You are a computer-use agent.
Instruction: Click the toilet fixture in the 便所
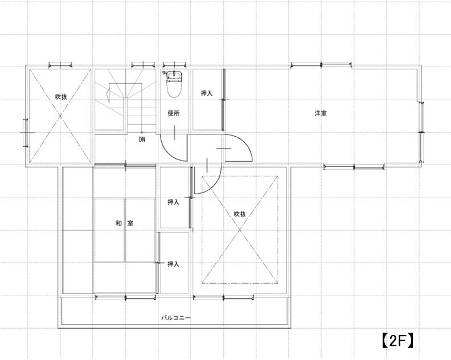[174, 84]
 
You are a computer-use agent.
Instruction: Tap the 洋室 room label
[321, 113]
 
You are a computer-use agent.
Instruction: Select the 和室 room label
[124, 223]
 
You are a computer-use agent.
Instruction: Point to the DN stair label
[142, 140]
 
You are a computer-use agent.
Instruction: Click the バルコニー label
[175, 318]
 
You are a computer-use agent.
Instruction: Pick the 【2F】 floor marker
[397, 341]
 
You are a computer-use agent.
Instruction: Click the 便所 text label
[174, 113]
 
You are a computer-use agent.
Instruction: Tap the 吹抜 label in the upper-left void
[61, 97]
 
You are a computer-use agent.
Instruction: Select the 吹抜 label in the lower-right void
[240, 214]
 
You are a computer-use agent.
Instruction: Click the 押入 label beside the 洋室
[207, 93]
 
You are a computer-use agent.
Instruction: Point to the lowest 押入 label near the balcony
[173, 264]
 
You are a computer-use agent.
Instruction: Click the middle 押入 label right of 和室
[173, 202]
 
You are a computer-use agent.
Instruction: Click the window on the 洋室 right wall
[422, 132]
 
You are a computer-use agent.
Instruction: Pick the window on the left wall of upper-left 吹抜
[25, 133]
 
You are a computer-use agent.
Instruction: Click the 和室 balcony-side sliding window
[126, 297]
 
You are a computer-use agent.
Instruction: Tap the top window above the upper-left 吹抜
[60, 66]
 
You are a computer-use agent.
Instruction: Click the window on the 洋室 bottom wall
[354, 166]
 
